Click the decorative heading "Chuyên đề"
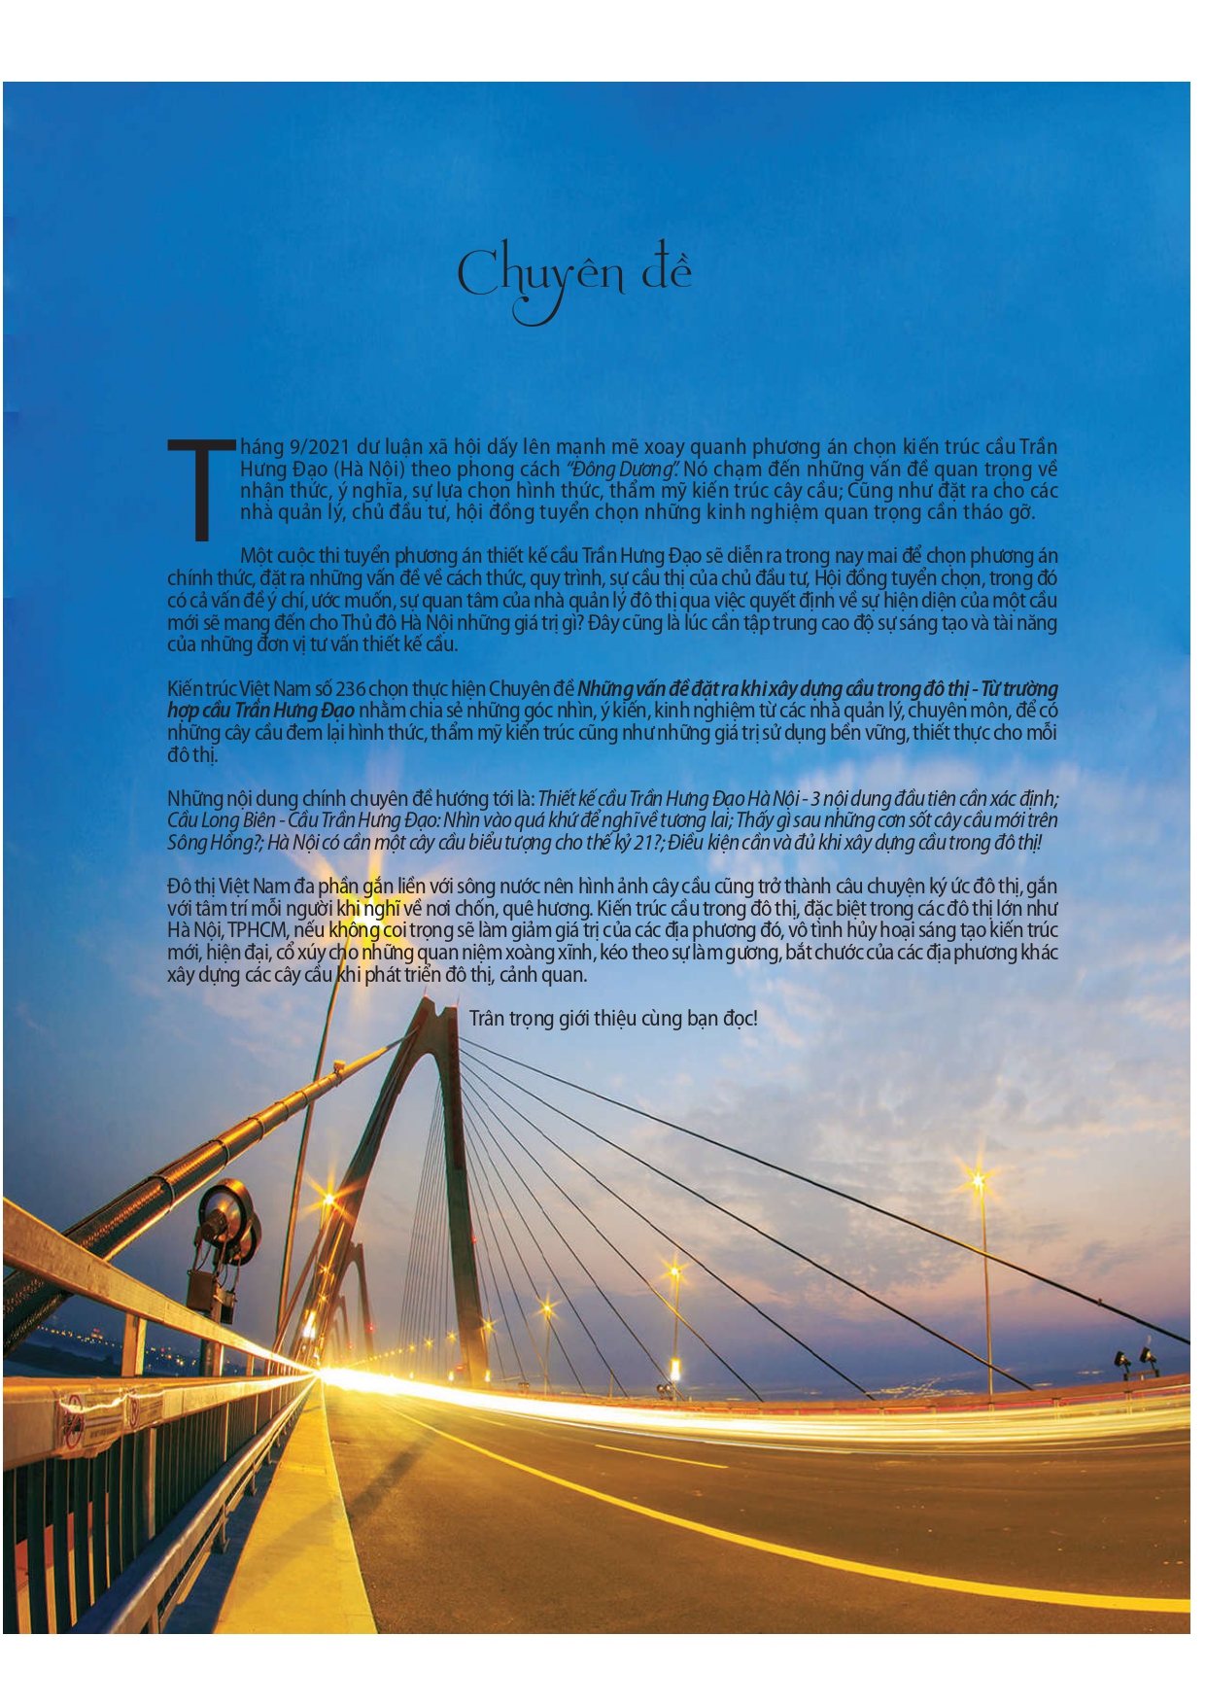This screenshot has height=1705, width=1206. [574, 276]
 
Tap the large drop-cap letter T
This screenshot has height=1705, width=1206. [201, 488]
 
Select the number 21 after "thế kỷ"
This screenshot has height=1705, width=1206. [642, 843]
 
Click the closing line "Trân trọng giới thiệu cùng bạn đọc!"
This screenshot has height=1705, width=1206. [612, 1018]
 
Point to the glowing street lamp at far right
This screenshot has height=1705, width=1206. [977, 1182]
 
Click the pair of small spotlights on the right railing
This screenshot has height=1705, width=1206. [1134, 1358]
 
